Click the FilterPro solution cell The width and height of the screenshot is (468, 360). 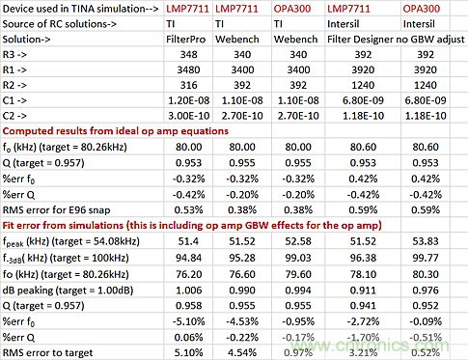coord(185,40)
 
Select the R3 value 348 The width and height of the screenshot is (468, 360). coord(188,54)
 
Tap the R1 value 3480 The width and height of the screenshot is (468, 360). coord(188,69)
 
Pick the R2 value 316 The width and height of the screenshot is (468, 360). coord(188,85)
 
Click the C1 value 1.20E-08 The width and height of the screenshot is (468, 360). coord(188,100)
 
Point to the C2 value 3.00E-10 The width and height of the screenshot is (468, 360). coord(188,116)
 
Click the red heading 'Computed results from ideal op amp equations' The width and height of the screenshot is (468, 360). coord(116,131)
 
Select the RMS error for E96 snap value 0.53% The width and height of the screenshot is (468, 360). coord(188,210)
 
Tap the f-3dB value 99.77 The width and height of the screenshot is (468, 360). coord(426,258)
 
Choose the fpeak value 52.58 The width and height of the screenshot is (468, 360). coord(298,241)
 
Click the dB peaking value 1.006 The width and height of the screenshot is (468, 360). coord(188,291)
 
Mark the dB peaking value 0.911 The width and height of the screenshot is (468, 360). coord(363,291)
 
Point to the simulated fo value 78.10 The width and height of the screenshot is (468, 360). coord(363,274)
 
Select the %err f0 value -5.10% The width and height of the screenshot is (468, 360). coord(188,321)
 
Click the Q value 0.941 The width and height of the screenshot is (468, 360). coord(363,306)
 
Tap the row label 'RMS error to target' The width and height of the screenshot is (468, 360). coord(47,353)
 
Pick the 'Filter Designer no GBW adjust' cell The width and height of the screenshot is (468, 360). coord(396,40)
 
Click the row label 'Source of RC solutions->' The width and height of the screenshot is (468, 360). coord(60,24)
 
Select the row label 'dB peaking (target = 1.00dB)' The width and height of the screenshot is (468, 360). coord(68,291)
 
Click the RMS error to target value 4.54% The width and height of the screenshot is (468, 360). coord(242,352)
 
